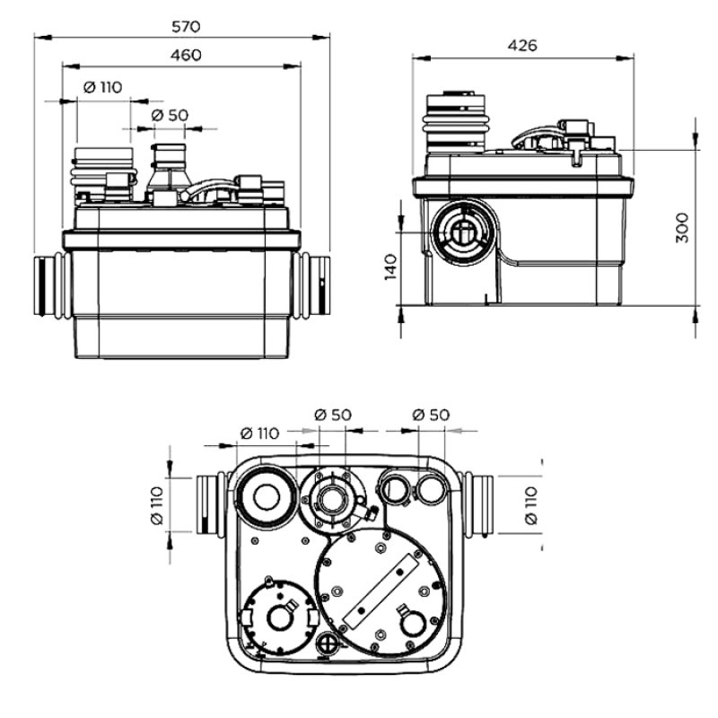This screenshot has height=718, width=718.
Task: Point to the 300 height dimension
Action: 681,230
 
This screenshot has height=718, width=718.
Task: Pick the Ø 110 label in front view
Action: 102,88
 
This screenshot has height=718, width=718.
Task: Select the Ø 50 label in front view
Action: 170,116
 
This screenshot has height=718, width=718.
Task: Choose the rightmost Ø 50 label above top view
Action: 430,415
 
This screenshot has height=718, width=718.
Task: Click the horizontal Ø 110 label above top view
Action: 259,433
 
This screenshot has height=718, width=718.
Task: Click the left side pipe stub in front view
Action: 49,285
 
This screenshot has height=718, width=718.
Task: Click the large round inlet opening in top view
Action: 267,496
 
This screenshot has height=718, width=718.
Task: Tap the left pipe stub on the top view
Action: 211,504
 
